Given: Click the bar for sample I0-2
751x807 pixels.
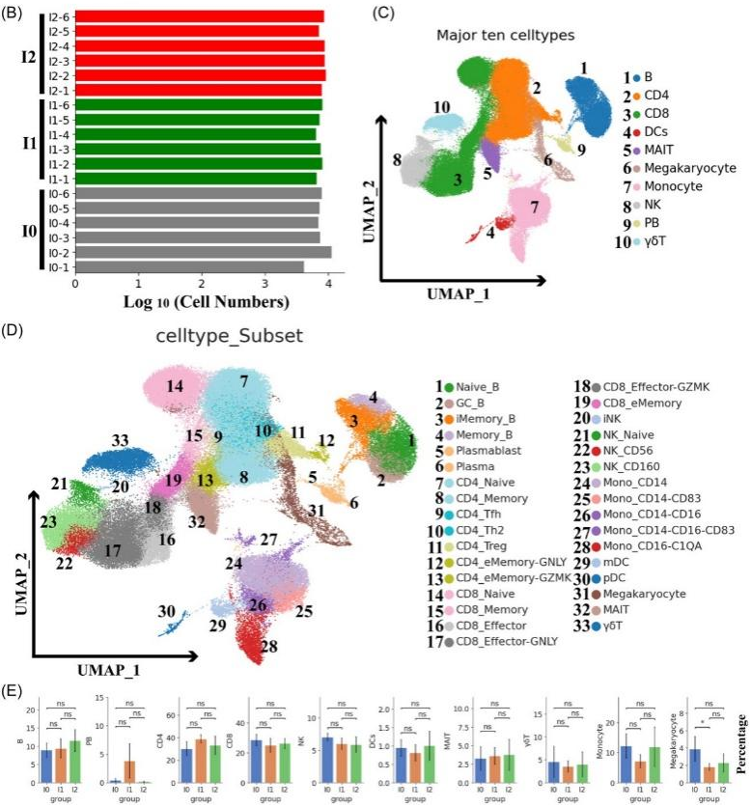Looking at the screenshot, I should pos(203,253).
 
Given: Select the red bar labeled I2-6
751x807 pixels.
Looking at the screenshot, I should pos(199,16).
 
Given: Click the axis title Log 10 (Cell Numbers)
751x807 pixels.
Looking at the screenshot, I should pos(206,302).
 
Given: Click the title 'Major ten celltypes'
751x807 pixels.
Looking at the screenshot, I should pos(506,35).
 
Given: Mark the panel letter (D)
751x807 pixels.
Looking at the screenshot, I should pos(14,329).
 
